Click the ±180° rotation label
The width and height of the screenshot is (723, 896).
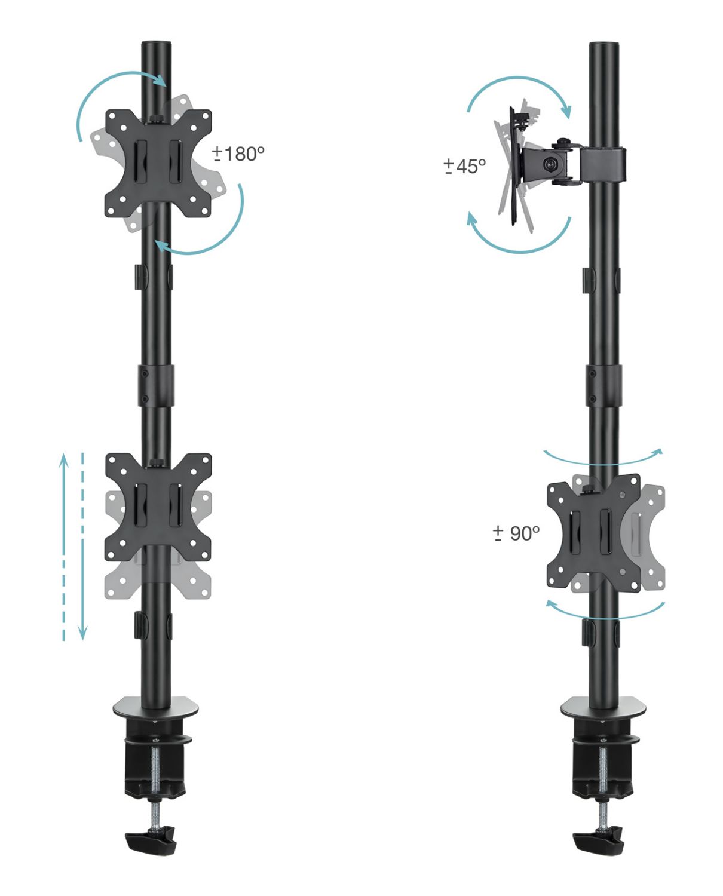pyautogui.click(x=238, y=154)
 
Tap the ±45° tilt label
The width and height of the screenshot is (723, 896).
pyautogui.click(x=465, y=166)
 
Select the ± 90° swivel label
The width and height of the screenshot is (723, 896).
pyautogui.click(x=516, y=533)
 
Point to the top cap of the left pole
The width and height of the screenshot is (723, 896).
pyautogui.click(x=156, y=44)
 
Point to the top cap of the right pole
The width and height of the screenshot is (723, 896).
pyautogui.click(x=603, y=45)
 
